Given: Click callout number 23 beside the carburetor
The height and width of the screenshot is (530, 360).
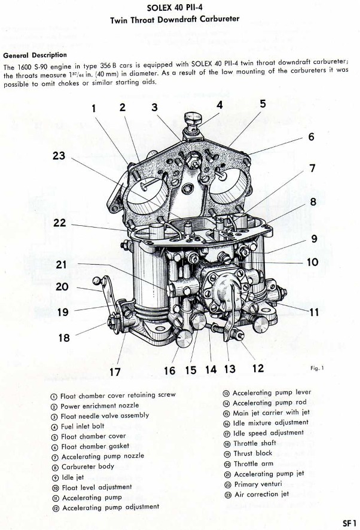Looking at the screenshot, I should [58, 156].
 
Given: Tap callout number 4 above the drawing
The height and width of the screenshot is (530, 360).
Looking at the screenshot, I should [220, 104].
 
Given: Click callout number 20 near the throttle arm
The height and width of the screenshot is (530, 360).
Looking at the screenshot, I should [62, 286].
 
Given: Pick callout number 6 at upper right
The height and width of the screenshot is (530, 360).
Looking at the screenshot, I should [312, 136].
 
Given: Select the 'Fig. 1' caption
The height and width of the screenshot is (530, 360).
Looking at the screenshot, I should [317, 368].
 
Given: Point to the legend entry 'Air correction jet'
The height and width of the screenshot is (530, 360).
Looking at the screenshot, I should [260, 494].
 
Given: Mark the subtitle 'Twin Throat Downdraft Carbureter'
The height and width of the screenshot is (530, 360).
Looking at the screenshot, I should [175, 19].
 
